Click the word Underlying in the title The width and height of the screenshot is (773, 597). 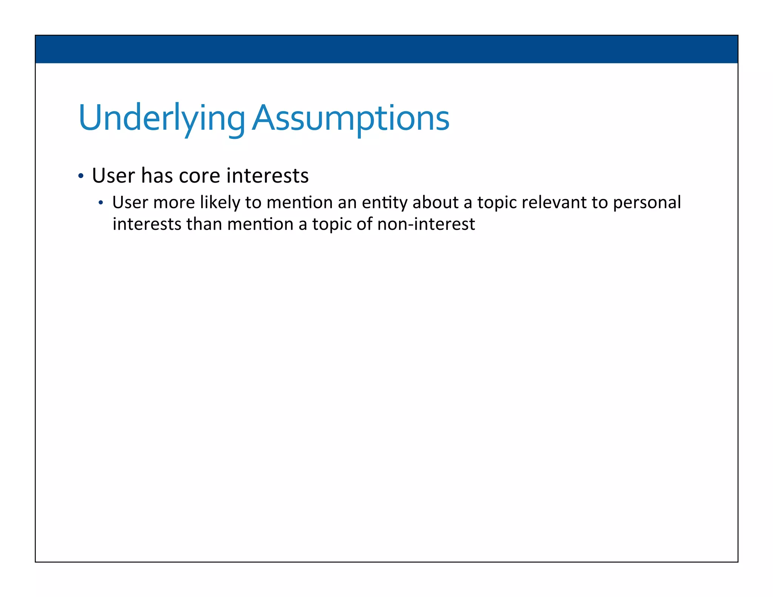(162, 118)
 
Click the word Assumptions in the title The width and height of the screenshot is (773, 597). (351, 118)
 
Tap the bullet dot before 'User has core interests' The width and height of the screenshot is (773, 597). (81, 176)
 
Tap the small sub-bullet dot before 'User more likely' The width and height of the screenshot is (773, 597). (100, 203)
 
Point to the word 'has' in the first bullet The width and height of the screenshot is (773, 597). (157, 176)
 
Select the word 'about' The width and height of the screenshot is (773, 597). (436, 203)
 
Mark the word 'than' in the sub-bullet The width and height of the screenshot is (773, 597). (204, 224)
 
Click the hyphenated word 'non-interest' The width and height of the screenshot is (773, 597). (426, 224)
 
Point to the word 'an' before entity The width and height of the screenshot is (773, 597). (347, 203)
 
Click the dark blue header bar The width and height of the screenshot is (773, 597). (386, 49)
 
